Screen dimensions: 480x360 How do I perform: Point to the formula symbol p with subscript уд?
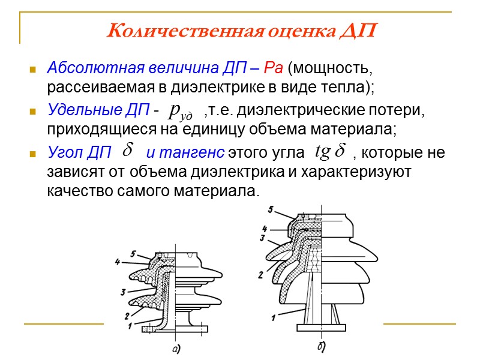pos(181,110)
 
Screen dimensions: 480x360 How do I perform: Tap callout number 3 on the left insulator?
pos(122,292)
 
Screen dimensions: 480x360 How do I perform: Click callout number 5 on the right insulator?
pos(271,209)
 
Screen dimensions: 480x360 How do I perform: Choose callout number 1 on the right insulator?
pos(273,317)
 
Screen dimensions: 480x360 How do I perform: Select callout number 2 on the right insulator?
pos(260,275)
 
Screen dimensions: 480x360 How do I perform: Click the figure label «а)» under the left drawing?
pos(175,348)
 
